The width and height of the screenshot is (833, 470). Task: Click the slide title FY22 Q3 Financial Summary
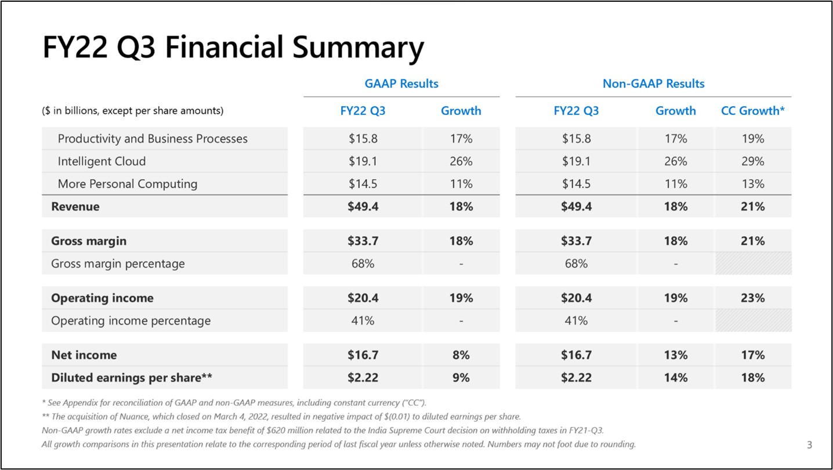(233, 48)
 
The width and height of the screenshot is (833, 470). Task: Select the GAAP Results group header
(401, 84)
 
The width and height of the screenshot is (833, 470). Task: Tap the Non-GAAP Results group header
(653, 84)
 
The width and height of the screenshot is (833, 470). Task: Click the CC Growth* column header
(752, 111)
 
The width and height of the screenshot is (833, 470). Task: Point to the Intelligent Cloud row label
(102, 161)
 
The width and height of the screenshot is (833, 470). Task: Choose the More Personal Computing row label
(128, 184)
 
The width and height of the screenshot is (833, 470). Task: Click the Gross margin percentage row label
(118, 263)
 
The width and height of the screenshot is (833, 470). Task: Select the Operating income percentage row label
(131, 320)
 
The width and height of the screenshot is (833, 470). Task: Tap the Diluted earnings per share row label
(132, 378)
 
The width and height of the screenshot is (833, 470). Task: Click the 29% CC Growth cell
(752, 161)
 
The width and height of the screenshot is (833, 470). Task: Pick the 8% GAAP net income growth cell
(461, 355)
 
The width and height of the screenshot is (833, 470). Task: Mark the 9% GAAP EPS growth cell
(461, 378)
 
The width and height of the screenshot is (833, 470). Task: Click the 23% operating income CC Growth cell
(752, 298)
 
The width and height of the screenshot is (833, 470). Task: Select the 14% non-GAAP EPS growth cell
(676, 378)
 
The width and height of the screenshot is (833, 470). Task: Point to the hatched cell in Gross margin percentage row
(752, 263)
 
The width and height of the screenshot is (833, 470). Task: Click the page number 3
(809, 446)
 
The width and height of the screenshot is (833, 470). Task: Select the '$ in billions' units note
(133, 111)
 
